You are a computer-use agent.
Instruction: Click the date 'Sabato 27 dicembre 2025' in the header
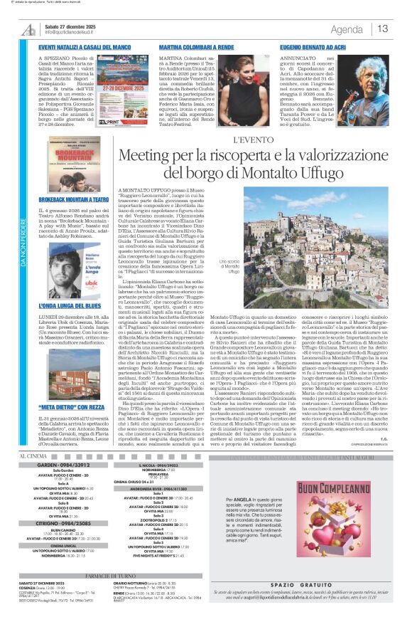(72, 26)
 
